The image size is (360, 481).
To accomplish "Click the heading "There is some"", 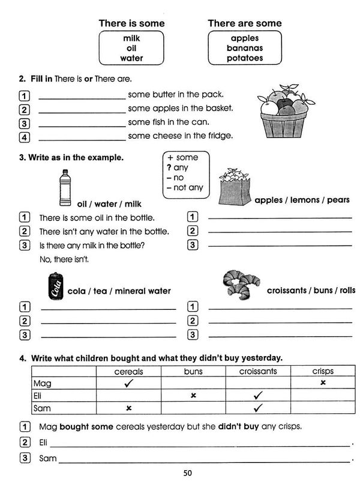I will click(131, 23).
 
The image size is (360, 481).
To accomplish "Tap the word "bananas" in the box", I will click(244, 48).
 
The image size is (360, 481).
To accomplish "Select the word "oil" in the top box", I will click(131, 48).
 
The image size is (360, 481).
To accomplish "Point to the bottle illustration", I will click(65, 186).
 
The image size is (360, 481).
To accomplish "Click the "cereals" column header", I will click(128, 372).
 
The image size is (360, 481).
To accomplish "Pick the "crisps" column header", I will click(323, 372).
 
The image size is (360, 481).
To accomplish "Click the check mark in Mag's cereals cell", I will click(128, 383).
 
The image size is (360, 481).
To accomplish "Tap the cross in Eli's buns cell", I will click(193, 396).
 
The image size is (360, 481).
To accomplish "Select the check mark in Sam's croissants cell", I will click(258, 408).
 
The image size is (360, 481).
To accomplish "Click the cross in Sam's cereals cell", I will click(128, 408).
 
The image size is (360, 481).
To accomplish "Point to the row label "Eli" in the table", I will click(40, 396).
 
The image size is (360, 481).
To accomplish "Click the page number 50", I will click(188, 473).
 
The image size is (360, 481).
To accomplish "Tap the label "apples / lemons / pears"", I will click(302, 200).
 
